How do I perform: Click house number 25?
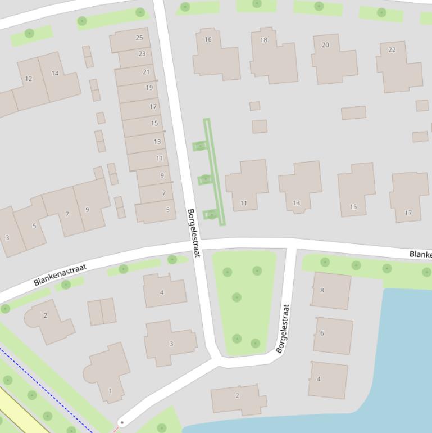tap(139, 38)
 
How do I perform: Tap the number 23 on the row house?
tap(142, 54)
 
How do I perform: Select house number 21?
tap(147, 71)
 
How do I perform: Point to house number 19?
tap(149, 88)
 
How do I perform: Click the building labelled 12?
tap(29, 79)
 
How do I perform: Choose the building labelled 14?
tap(55, 73)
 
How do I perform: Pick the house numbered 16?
tap(208, 39)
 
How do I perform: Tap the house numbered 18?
tap(263, 40)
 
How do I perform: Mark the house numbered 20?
tap(325, 45)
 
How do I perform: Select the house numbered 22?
tap(392, 49)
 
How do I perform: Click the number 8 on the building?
tap(322, 290)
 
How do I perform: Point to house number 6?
tap(322, 333)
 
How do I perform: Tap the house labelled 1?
tap(110, 391)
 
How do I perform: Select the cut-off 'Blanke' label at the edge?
tap(420, 255)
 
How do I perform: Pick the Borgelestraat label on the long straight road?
tap(193, 233)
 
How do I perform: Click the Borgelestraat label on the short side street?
tap(283, 328)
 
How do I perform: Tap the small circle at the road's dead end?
tap(122, 422)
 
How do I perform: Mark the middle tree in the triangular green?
tap(237, 297)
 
